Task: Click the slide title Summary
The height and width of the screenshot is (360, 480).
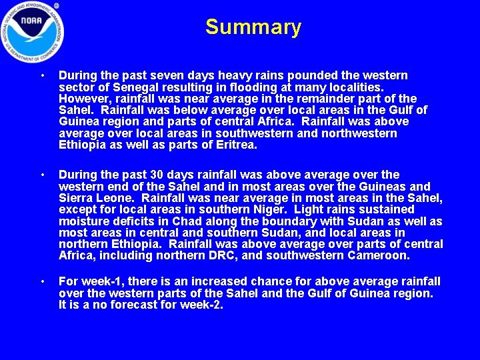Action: point(253,27)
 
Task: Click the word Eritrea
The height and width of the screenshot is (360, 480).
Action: point(235,145)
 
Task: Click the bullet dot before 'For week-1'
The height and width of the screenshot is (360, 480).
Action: point(43,282)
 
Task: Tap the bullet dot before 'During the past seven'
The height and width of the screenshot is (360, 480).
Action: point(43,76)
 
